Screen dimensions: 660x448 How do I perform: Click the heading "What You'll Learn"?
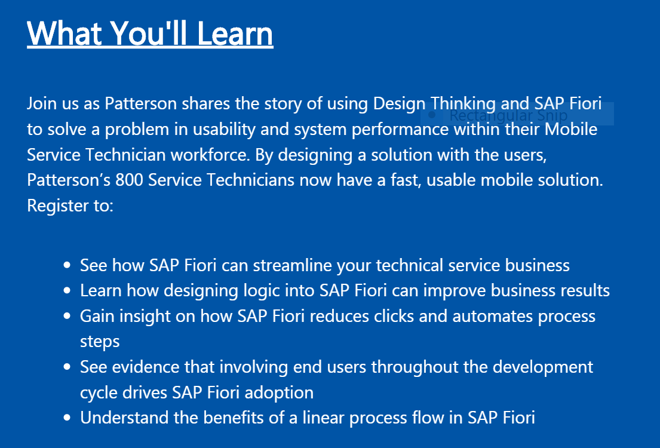(x=150, y=33)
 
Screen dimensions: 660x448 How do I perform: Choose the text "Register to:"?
(x=70, y=206)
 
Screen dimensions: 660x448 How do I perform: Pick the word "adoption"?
(x=279, y=393)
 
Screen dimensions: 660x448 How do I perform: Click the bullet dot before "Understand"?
(x=67, y=418)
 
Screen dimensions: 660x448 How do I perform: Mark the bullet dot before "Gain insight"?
(x=67, y=317)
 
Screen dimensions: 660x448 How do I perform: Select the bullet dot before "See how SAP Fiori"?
(x=67, y=266)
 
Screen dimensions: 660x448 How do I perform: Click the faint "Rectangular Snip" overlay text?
(x=508, y=115)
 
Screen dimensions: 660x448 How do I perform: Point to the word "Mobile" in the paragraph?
(x=571, y=129)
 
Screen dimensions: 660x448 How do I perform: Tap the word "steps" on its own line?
(x=100, y=342)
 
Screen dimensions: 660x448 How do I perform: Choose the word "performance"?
(x=400, y=130)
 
